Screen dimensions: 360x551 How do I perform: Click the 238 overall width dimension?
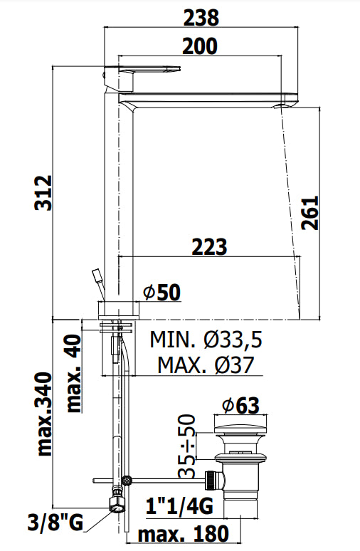click(201, 17)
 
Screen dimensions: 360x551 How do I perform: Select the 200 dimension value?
click(200, 46)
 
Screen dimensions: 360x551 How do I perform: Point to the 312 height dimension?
click(45, 193)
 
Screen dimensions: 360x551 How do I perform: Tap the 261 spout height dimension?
click(310, 213)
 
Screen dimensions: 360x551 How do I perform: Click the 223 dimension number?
click(209, 247)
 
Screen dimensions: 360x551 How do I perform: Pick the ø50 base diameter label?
click(162, 293)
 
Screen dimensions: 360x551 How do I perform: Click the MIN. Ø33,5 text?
click(206, 340)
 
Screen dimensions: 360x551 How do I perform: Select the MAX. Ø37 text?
click(206, 364)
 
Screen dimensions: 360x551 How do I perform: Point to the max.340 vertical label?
click(45, 414)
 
